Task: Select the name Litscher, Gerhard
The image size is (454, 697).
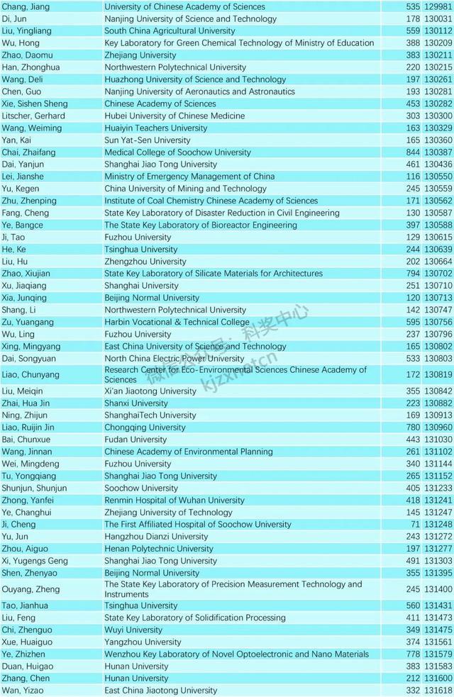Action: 33,116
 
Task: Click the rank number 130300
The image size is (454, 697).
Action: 438,116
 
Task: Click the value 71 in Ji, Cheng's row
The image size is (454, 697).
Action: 415,525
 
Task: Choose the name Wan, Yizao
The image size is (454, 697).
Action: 23,691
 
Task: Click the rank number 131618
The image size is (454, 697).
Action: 438,691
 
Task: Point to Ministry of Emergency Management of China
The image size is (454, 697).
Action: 189,177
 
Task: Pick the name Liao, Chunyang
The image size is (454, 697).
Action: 31,374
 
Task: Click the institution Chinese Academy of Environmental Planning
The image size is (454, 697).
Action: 188,452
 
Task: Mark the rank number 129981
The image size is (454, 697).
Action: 438,6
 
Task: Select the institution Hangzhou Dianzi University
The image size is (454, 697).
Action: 156,537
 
